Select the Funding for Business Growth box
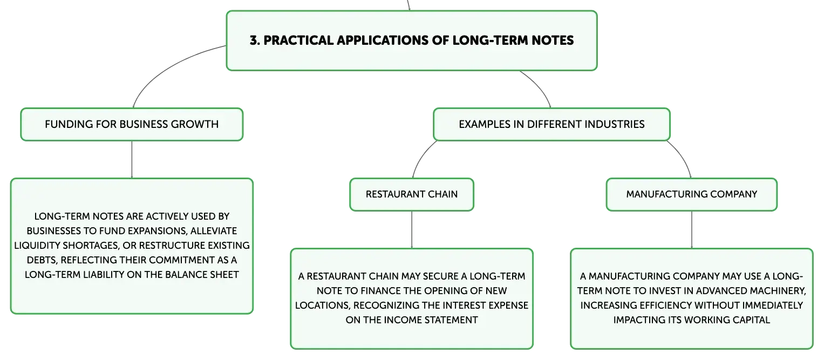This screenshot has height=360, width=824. pyautogui.click(x=132, y=125)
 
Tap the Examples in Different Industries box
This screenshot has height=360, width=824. pyautogui.click(x=551, y=125)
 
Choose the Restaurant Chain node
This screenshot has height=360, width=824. pyautogui.click(x=412, y=194)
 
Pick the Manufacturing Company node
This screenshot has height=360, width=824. pyautogui.click(x=692, y=194)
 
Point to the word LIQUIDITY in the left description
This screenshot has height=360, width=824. pyautogui.click(x=37, y=246)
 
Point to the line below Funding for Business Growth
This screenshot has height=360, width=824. pyautogui.click(x=132, y=160)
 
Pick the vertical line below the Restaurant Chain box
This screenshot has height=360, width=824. pyautogui.click(x=412, y=230)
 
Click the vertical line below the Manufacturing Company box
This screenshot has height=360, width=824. pyautogui.click(x=692, y=230)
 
